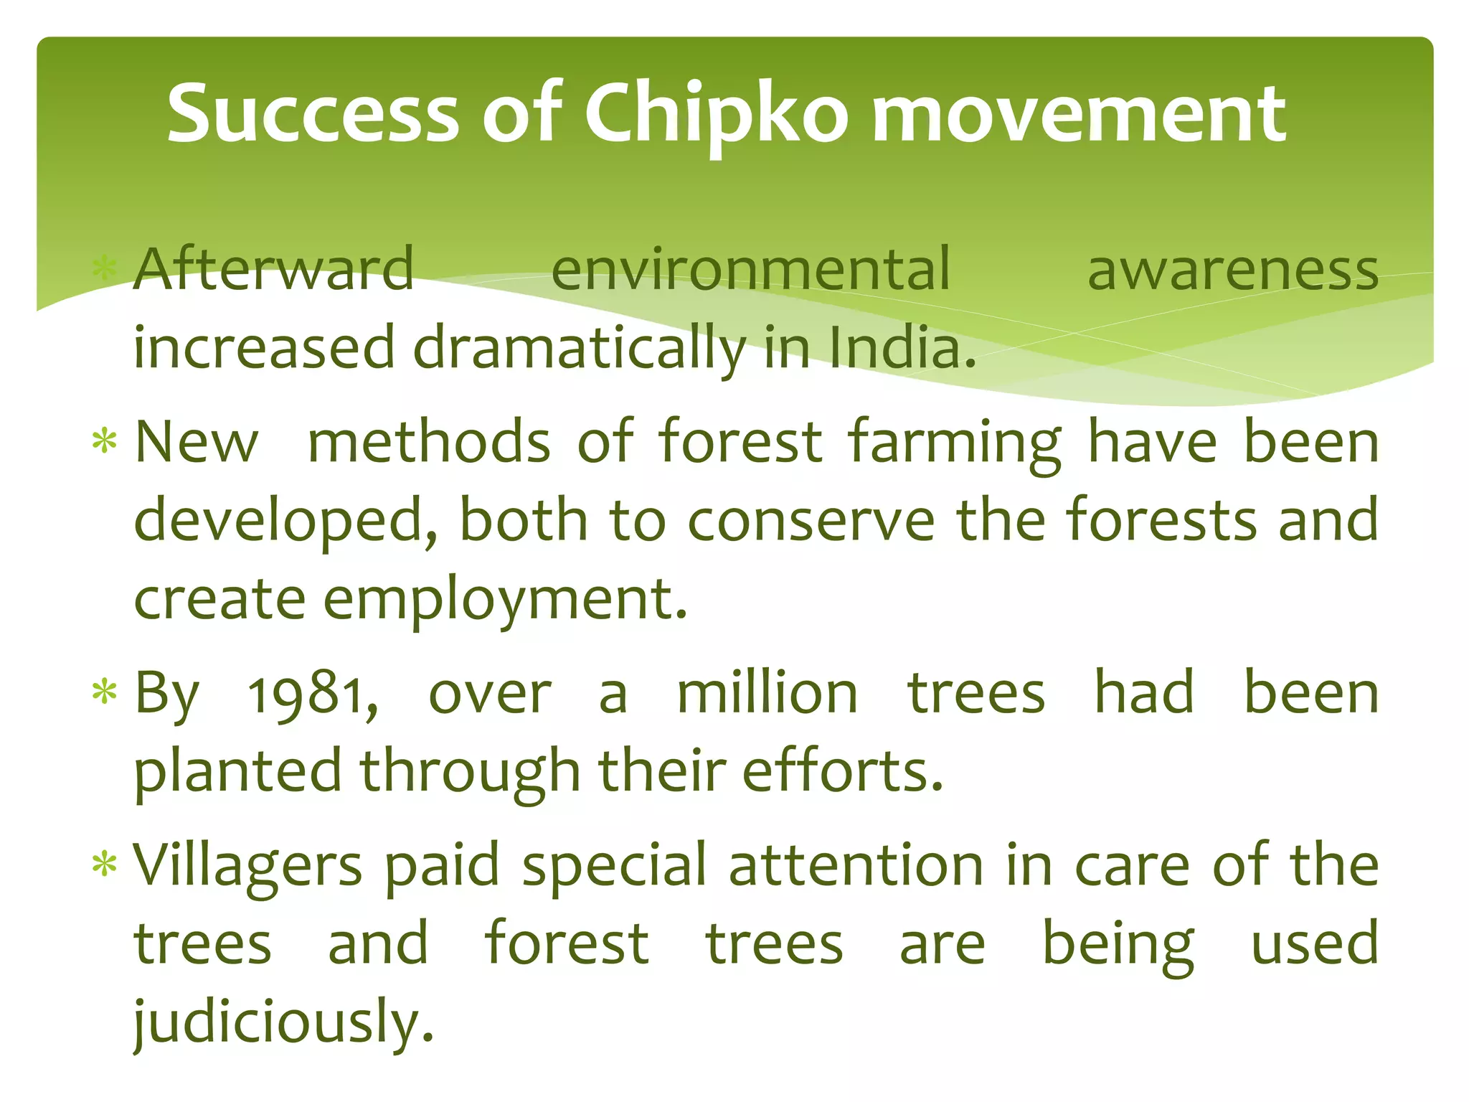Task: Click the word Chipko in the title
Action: pos(716,115)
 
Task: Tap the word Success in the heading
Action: pos(313,115)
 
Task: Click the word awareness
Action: pos(1232,271)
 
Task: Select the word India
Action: pos(902,348)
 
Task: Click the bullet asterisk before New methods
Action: pos(105,441)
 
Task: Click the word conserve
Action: pos(811,520)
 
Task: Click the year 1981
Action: pos(313,694)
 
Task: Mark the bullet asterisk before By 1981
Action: pos(105,692)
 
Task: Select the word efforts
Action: pos(842,771)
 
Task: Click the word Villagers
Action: pos(248,867)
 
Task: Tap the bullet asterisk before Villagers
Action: pos(105,865)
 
